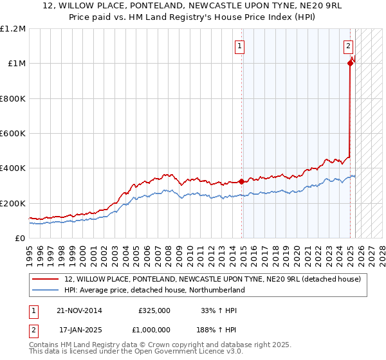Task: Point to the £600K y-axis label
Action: (x=13, y=133)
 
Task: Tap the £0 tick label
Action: (x=20, y=238)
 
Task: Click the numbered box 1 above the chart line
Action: (x=239, y=46)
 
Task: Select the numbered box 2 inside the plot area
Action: (x=348, y=46)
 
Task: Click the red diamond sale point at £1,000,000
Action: (x=351, y=63)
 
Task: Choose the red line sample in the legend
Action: (x=46, y=280)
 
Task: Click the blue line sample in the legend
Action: (x=46, y=290)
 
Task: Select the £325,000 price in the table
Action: (x=154, y=310)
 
